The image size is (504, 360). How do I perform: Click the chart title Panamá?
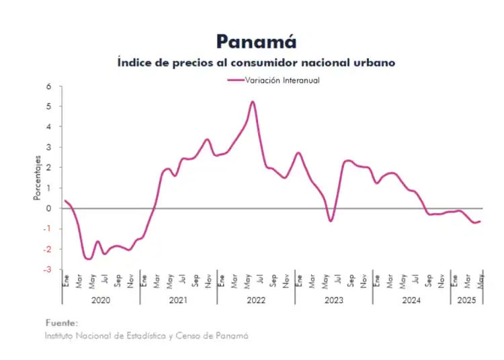(x=256, y=42)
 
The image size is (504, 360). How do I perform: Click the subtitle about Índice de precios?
(x=255, y=62)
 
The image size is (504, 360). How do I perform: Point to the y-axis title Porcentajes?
(x=38, y=178)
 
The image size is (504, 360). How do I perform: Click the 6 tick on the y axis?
(x=48, y=86)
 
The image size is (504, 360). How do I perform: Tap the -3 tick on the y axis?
(x=46, y=269)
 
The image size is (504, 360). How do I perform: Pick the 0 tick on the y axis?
(x=48, y=208)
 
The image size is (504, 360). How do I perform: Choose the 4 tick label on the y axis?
(x=48, y=127)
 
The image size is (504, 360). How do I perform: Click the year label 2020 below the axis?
(x=101, y=300)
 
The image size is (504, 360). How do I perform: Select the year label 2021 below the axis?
(x=178, y=300)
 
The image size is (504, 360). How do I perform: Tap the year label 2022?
(x=256, y=300)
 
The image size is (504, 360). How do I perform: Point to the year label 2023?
(x=333, y=300)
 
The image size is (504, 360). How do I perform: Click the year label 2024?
(x=411, y=300)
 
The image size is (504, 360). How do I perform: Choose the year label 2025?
(x=466, y=300)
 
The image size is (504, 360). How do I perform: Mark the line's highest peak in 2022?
(x=253, y=101)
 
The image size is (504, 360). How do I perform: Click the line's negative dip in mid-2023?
(x=331, y=220)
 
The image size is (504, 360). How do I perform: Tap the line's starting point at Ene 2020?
(x=65, y=200)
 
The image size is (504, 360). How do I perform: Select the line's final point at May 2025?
(x=480, y=221)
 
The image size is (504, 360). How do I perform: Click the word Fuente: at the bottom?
(x=61, y=323)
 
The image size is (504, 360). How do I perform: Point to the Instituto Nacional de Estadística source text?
(x=146, y=334)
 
